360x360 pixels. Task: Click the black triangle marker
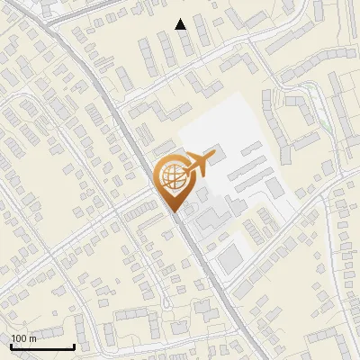(181, 24)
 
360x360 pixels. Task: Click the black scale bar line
(41, 346)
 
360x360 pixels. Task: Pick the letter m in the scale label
(31, 338)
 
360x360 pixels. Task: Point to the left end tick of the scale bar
(10, 345)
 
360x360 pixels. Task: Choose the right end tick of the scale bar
(74, 345)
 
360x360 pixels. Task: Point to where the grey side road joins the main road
(153, 191)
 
